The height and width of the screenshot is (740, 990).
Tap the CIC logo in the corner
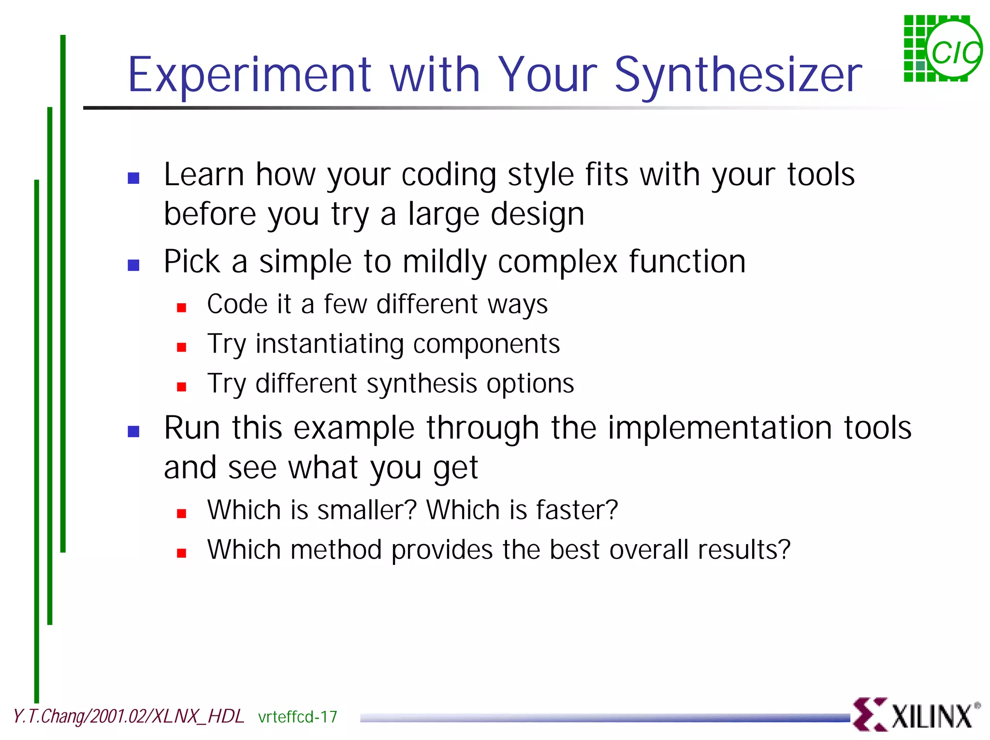pos(943,49)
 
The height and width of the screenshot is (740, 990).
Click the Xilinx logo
pos(916,714)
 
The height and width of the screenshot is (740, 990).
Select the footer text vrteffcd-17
pos(298,717)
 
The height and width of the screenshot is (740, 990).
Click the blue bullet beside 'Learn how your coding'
pos(133,178)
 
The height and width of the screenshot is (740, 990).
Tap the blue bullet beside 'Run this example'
pos(133,431)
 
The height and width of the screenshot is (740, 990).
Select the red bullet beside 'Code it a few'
pos(182,308)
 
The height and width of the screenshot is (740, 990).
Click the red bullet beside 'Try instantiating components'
pos(182,347)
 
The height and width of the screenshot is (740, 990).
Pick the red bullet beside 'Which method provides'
pos(182,553)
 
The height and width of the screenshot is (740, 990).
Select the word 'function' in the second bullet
pos(687,262)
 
